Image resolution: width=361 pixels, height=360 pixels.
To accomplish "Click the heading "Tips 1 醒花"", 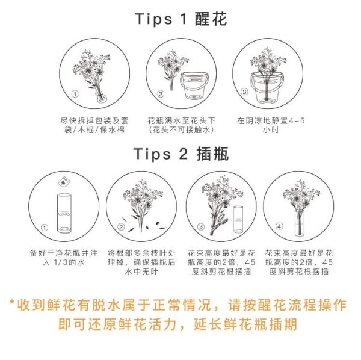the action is click(x=181, y=19).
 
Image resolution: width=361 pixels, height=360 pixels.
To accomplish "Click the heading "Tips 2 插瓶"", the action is click(x=181, y=154).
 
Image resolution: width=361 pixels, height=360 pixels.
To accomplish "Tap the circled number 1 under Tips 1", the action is click(x=75, y=94).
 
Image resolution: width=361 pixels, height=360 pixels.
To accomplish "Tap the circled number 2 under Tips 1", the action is click(x=161, y=94).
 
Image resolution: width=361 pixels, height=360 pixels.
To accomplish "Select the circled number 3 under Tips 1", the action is click(x=244, y=92).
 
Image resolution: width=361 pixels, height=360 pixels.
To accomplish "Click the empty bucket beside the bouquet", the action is click(x=194, y=86).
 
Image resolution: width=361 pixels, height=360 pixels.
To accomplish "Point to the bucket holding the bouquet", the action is click(x=267, y=87).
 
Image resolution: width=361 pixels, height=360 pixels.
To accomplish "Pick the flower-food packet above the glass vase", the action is click(x=64, y=182).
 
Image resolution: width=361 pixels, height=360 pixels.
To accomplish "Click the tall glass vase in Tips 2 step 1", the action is click(x=64, y=213).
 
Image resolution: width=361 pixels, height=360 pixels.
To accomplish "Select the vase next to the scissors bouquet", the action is click(x=238, y=219).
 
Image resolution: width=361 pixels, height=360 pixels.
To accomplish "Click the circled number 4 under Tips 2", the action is click(x=279, y=226).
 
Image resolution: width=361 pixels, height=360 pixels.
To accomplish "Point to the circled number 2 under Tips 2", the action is click(x=121, y=227).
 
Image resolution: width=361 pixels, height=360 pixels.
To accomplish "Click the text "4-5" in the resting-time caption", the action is click(x=297, y=120).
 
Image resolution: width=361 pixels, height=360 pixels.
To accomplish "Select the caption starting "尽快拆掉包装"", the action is click(x=94, y=125).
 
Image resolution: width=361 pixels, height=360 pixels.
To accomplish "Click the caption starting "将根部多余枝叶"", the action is click(x=141, y=262).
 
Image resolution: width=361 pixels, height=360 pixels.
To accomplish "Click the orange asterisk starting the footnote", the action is click(x=12, y=302).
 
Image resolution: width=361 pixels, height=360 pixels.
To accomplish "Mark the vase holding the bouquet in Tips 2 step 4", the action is click(x=300, y=223).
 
